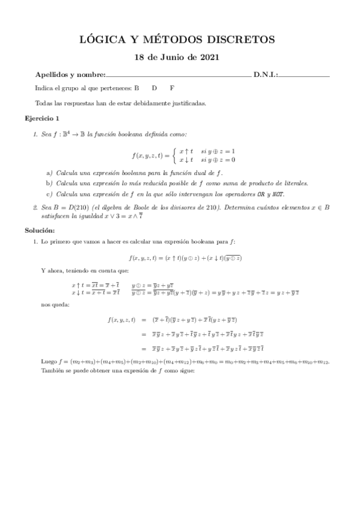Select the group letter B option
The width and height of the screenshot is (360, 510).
(x=136, y=88)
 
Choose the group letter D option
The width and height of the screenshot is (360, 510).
(x=154, y=88)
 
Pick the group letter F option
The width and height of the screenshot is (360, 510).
(x=172, y=88)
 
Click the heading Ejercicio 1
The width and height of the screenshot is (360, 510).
(x=42, y=118)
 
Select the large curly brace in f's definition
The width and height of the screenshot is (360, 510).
(x=174, y=155)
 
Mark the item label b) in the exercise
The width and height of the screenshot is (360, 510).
(x=50, y=183)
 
